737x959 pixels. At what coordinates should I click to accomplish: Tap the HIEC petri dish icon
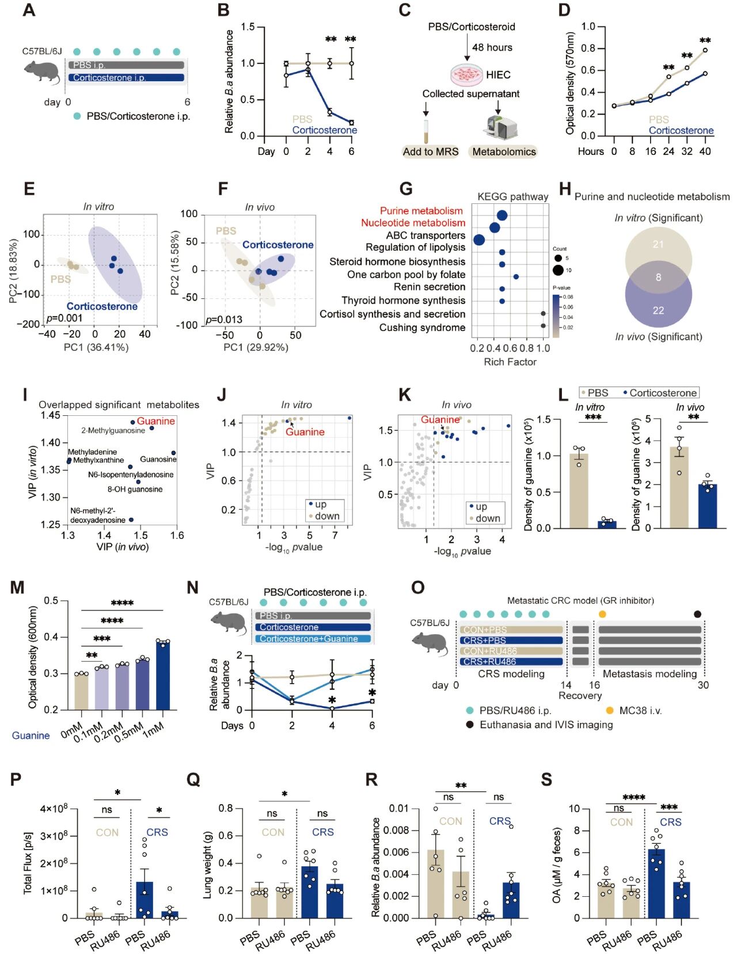466,75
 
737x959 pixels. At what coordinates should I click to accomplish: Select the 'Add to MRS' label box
431,151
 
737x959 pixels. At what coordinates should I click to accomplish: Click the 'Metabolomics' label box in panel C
504,151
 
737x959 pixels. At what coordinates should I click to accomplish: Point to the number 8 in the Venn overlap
658,277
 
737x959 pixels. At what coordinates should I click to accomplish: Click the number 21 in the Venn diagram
658,244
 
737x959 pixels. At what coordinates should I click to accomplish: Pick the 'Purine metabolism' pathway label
421,211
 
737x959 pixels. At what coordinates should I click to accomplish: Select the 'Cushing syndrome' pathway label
422,328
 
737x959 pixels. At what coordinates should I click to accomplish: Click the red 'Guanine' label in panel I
156,421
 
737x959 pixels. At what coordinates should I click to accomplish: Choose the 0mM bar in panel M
81,691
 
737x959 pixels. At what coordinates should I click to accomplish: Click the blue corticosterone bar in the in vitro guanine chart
606,524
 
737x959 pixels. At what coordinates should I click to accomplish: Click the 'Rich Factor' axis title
510,362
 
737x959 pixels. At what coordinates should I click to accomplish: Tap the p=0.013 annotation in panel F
224,320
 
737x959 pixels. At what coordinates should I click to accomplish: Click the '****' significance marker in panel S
633,798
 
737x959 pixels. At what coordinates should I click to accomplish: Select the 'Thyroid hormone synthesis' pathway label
403,300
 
